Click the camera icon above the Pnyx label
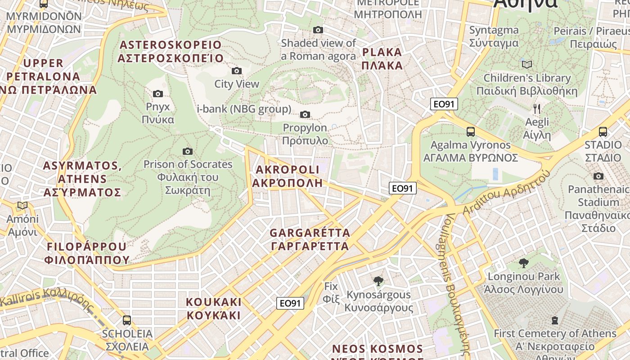(x=157, y=94)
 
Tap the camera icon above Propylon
(x=305, y=114)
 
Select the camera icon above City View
(x=236, y=71)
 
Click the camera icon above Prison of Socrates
(x=188, y=151)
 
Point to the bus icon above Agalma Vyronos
(x=470, y=132)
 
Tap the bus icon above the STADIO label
(x=603, y=132)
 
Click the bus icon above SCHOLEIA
(x=127, y=320)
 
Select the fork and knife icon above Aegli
(x=536, y=108)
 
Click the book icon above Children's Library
(x=526, y=64)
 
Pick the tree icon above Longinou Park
(x=523, y=263)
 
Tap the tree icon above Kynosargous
(x=378, y=281)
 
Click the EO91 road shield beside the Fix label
(x=290, y=303)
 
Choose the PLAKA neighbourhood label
(x=382, y=58)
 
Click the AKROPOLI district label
(x=287, y=176)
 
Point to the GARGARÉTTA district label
(x=310, y=239)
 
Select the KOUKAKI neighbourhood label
(x=214, y=308)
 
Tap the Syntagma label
(x=494, y=36)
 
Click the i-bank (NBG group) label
(x=244, y=109)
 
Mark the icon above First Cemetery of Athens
(x=554, y=320)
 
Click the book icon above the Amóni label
(x=22, y=206)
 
